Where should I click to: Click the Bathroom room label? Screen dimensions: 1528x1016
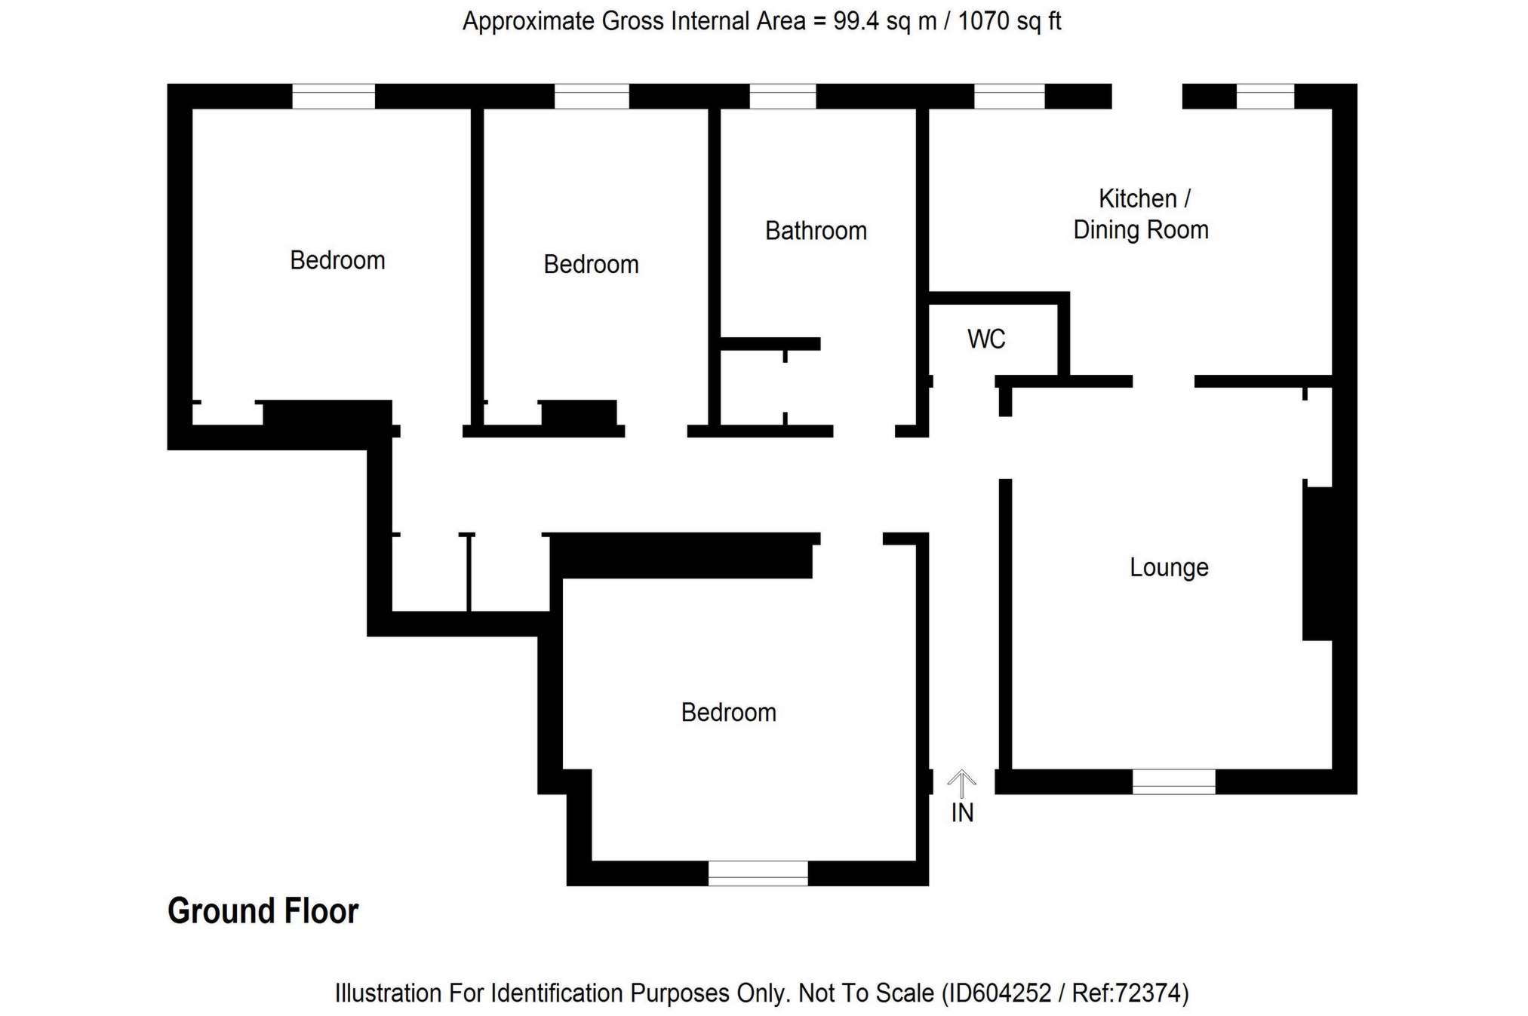[x=816, y=231]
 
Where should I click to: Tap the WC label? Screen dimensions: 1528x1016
[x=986, y=339]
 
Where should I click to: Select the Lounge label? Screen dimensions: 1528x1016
[x=1169, y=567]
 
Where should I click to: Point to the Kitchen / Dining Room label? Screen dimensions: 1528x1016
[x=1141, y=214]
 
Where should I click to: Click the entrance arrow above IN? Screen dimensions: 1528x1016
[x=961, y=784]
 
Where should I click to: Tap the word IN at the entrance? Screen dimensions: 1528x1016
[x=962, y=813]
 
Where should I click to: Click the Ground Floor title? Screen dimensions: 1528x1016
[x=263, y=911]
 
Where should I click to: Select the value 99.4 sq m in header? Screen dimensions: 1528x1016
[x=884, y=21]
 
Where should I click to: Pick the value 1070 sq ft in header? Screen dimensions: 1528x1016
[x=1010, y=21]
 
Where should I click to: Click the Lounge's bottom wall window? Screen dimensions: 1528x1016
[x=1173, y=781]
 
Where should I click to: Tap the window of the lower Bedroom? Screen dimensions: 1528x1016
[x=758, y=873]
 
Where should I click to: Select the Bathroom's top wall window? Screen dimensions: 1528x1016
[x=782, y=97]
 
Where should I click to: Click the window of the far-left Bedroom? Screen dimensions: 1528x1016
[x=334, y=97]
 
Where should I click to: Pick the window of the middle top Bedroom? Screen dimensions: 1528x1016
[x=592, y=97]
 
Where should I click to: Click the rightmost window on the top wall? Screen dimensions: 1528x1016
[x=1265, y=97]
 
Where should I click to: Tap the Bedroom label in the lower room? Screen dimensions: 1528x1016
[x=728, y=713]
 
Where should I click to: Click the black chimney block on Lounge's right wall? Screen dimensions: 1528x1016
[x=1317, y=563]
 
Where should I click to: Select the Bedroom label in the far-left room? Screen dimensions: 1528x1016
[x=337, y=261]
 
